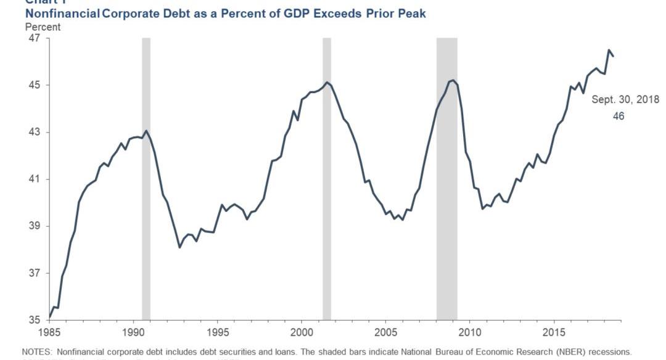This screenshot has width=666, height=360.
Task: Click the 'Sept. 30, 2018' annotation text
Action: pyautogui.click(x=625, y=100)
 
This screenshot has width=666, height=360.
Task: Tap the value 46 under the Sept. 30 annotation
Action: pyautogui.click(x=619, y=116)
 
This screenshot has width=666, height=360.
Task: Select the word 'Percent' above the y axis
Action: pyautogui.click(x=43, y=27)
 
